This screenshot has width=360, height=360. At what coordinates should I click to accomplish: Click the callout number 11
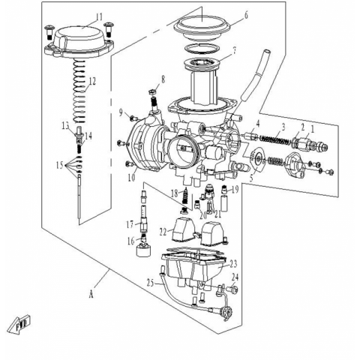pyautogui.click(x=99, y=17)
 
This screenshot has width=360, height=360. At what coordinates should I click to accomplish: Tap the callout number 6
pyautogui.click(x=247, y=15)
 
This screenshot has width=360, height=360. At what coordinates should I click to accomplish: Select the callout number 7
pyautogui.click(x=234, y=51)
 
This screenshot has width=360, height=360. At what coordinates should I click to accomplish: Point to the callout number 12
pyautogui.click(x=92, y=82)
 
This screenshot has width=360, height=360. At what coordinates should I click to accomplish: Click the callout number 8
pyautogui.click(x=163, y=79)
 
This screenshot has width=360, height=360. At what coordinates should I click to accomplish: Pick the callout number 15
pyautogui.click(x=60, y=165)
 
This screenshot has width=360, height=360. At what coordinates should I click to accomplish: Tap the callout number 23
pyautogui.click(x=233, y=264)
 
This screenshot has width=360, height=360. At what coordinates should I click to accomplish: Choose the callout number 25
pyautogui.click(x=150, y=283)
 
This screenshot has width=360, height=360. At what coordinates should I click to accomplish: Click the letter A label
pyautogui.click(x=91, y=295)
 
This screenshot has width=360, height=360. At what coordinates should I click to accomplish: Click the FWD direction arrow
pyautogui.click(x=19, y=325)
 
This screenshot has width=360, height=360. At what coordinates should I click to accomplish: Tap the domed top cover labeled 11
pyautogui.click(x=79, y=41)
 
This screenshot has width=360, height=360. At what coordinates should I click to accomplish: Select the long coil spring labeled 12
pyautogui.click(x=79, y=91)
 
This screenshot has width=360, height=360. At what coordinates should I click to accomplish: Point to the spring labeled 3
pyautogui.click(x=274, y=140)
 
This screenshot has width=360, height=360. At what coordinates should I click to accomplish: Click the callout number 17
pyautogui.click(x=130, y=225)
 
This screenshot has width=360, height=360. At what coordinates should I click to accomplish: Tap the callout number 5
pyautogui.click(x=252, y=178)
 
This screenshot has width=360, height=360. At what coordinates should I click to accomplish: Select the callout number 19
pyautogui.click(x=235, y=190)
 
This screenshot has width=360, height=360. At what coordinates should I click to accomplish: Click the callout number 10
pyautogui.click(x=132, y=178)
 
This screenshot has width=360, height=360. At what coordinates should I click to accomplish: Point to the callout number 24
pyautogui.click(x=235, y=277)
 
